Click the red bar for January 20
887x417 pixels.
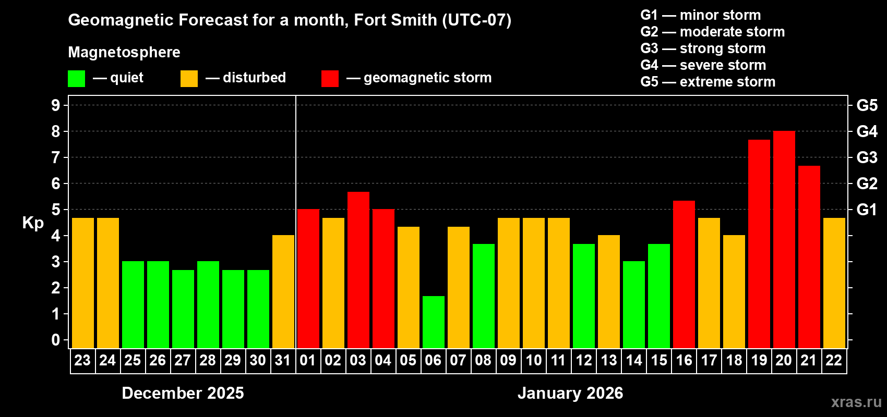(784, 240)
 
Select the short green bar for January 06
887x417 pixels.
(434, 322)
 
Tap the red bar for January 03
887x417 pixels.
(358, 270)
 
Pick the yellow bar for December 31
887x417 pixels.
(283, 292)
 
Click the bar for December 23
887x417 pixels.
(83, 283)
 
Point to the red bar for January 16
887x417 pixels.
(684, 275)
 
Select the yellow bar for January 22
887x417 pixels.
(834, 283)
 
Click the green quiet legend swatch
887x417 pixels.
(76, 79)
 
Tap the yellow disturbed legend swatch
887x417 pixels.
(189, 79)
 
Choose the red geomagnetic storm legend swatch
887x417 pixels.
(330, 79)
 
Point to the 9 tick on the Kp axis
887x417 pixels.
(56, 105)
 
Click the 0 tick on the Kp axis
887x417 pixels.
(56, 340)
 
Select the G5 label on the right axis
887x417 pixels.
(867, 105)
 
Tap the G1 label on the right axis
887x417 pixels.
(867, 210)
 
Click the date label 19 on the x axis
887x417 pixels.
(759, 361)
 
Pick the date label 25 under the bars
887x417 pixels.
(133, 361)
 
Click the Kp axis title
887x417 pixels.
(33, 223)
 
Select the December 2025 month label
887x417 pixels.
(183, 393)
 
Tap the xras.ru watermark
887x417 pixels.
(856, 402)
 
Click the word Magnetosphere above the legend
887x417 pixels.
(124, 52)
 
